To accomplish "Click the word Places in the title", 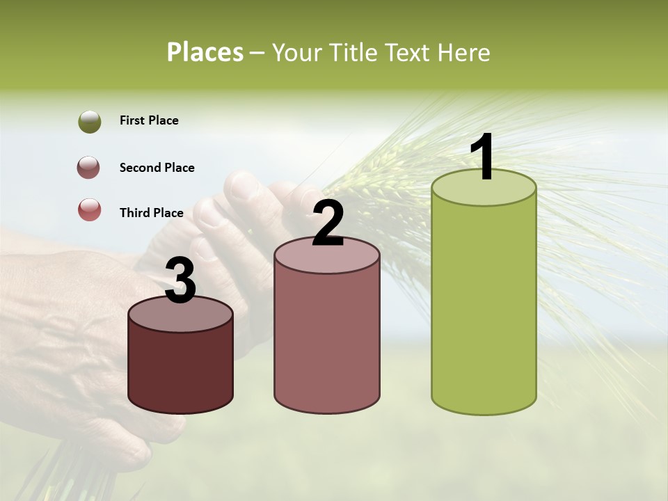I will pos(205,52).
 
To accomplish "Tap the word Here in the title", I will pos(464,53).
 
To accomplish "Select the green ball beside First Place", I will pos(90,122).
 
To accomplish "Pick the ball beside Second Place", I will pos(90,168).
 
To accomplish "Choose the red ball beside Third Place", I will pos(90,209).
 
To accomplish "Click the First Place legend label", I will pos(149,120).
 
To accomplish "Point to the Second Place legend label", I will pos(157,168).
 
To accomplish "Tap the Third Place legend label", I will pos(151,213).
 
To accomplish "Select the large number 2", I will pos(328,224).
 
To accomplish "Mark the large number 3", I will pos(181,281).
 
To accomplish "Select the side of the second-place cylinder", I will pos(327,341).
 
